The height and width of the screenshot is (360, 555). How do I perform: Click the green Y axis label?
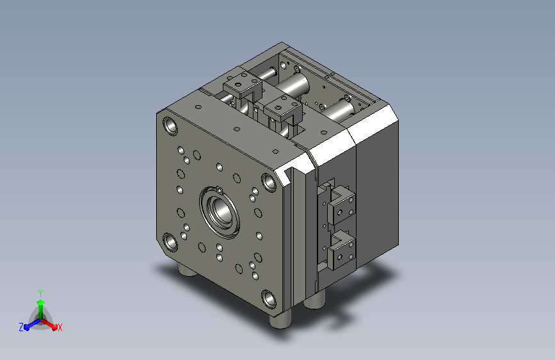(40, 293)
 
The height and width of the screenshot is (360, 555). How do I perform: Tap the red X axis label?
(60, 327)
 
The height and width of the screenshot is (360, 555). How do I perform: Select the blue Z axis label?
(21, 327)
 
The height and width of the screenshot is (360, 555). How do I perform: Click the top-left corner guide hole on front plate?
(170, 126)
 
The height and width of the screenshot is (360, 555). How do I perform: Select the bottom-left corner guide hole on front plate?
(170, 242)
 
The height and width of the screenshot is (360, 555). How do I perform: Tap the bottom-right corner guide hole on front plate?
(269, 299)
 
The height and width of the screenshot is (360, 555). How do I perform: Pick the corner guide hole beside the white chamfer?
(269, 182)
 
